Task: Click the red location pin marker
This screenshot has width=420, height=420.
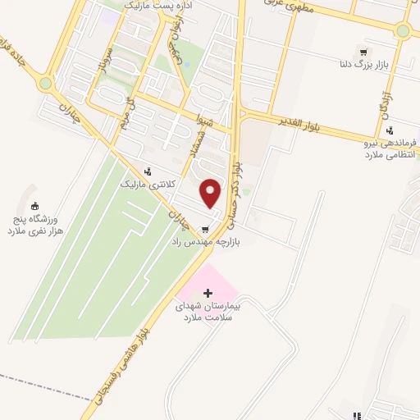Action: click(x=211, y=193)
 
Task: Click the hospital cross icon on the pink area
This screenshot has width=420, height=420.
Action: click(x=208, y=293)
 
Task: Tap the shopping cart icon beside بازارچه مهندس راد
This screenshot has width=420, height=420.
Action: click(x=203, y=229)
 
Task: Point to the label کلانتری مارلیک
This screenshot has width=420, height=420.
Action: click(x=148, y=185)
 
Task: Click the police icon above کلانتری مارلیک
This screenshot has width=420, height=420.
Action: click(x=148, y=171)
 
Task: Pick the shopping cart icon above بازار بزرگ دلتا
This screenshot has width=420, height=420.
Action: click(x=354, y=50)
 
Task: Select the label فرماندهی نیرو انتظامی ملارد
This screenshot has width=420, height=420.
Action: click(x=391, y=148)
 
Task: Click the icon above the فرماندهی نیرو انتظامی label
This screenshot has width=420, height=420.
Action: click(x=390, y=129)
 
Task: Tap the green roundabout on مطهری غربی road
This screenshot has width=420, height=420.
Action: click(x=402, y=31)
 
